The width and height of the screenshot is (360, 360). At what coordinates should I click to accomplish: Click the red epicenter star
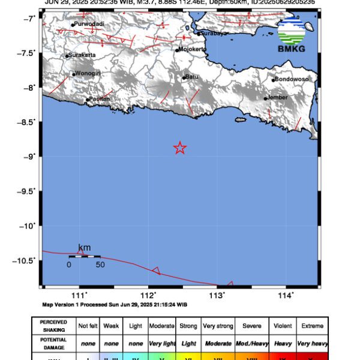click(x=179, y=148)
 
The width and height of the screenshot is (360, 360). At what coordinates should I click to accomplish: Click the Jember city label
click(x=277, y=98)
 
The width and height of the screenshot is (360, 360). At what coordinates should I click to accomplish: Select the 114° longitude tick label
click(x=286, y=295)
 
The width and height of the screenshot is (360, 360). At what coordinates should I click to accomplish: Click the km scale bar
click(x=84, y=256)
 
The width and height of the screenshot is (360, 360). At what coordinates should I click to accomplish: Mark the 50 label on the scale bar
click(x=100, y=265)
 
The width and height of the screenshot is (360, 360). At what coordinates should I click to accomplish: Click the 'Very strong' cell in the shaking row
click(x=217, y=326)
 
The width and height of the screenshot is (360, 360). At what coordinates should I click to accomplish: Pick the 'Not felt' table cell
click(x=88, y=326)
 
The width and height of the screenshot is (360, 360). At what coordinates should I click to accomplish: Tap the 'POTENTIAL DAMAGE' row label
click(x=53, y=344)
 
